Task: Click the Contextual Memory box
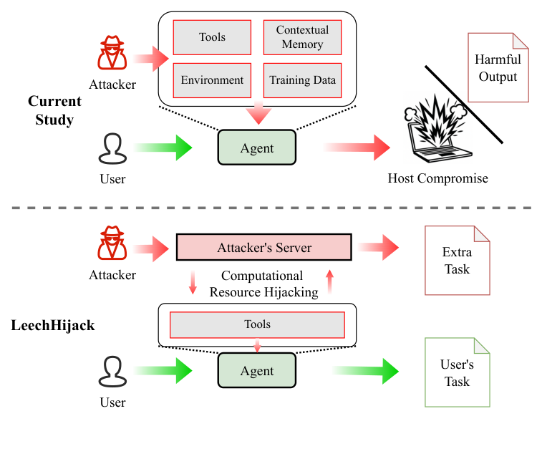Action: coord(302,37)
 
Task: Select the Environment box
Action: coord(212,80)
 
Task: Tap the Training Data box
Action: coord(302,80)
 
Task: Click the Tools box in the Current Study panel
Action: coord(212,37)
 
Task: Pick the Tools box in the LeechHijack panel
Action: coord(257,324)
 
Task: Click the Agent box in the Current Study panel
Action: coord(256,148)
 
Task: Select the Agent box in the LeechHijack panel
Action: coord(256,371)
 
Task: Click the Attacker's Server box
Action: coord(264,248)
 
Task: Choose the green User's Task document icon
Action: coord(457,372)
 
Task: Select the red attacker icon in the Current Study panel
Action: coord(112,54)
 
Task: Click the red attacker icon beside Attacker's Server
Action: coord(112,246)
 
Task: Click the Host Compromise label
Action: coord(437,178)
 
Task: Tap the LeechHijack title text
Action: coord(53,325)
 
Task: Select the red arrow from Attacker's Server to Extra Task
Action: coord(378,248)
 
